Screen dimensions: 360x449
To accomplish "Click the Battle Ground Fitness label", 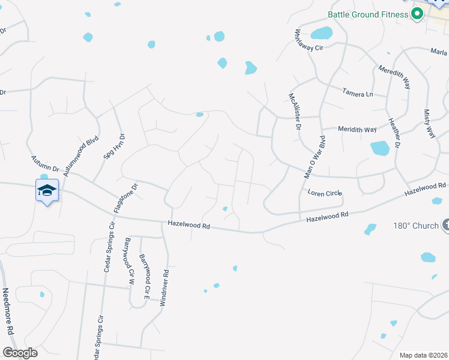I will click(x=367, y=14).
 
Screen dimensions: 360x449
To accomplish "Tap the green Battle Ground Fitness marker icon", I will click(x=416, y=14).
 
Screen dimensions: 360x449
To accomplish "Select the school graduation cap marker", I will click(x=47, y=191).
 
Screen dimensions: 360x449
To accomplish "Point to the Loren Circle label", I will click(x=324, y=193).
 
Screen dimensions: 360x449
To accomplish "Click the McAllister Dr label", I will click(x=293, y=112).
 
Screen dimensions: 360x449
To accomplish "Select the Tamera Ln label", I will click(x=358, y=94).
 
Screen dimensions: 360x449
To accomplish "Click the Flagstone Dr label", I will click(x=125, y=199).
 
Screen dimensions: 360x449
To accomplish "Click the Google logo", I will click(x=20, y=353).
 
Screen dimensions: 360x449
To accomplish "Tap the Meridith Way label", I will click(x=357, y=130).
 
